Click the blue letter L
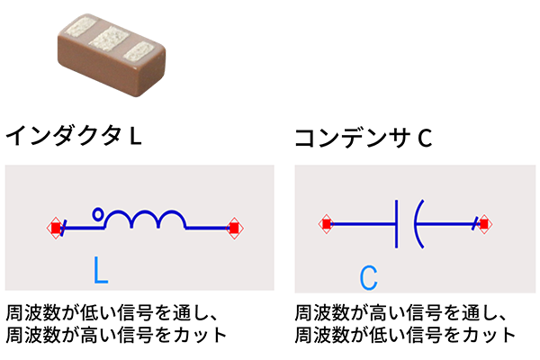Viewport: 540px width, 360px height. tap(101, 270)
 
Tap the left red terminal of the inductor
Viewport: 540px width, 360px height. tap(56, 228)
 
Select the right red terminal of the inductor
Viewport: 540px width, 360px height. tap(234, 228)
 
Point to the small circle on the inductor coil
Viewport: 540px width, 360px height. tap(98, 214)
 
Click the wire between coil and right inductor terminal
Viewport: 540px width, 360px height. tap(209, 228)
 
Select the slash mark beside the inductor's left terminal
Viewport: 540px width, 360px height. tap(66, 228)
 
